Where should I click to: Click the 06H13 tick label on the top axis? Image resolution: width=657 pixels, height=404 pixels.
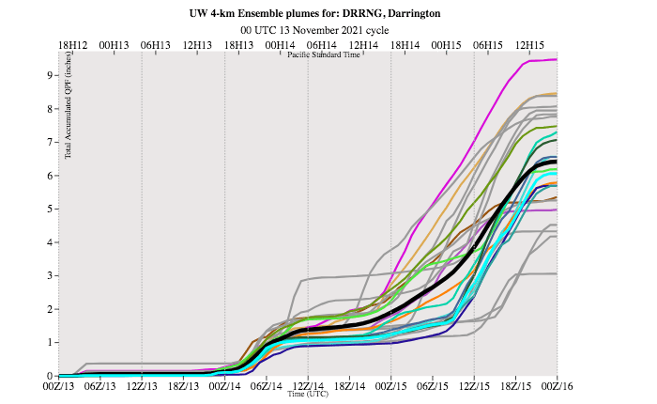155,44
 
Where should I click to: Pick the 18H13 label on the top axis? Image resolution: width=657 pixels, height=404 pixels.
238,44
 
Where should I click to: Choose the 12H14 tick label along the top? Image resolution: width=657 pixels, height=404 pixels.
363,44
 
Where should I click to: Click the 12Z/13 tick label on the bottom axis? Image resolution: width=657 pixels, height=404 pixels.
141,384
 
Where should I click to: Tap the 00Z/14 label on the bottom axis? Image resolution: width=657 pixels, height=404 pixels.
223,384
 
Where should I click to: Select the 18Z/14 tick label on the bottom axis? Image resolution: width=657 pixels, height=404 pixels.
348,384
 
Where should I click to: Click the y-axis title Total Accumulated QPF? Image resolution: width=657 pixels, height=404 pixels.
69,123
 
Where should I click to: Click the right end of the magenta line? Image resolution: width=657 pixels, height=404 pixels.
557,59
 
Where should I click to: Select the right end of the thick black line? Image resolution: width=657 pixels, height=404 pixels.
556,162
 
